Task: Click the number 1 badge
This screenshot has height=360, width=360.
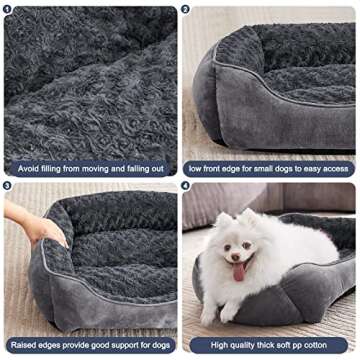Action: [9, 9]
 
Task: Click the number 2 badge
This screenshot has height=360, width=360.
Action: [187, 9]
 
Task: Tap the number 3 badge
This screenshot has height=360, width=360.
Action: [9, 186]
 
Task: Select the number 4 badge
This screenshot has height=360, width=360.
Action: [187, 186]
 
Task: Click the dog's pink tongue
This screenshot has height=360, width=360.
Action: [238, 272]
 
